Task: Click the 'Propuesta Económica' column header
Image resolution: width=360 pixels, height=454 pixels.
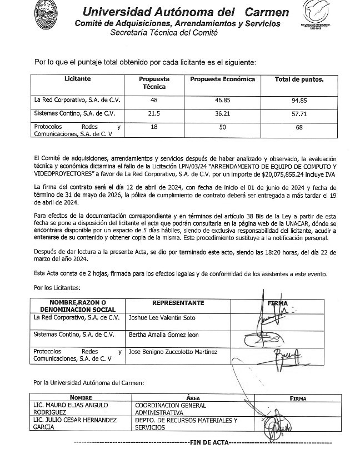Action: tap(222, 79)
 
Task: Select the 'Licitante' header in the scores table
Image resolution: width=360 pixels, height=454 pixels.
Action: tap(78, 79)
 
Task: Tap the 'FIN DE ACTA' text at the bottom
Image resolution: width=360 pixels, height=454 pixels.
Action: tap(208, 443)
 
